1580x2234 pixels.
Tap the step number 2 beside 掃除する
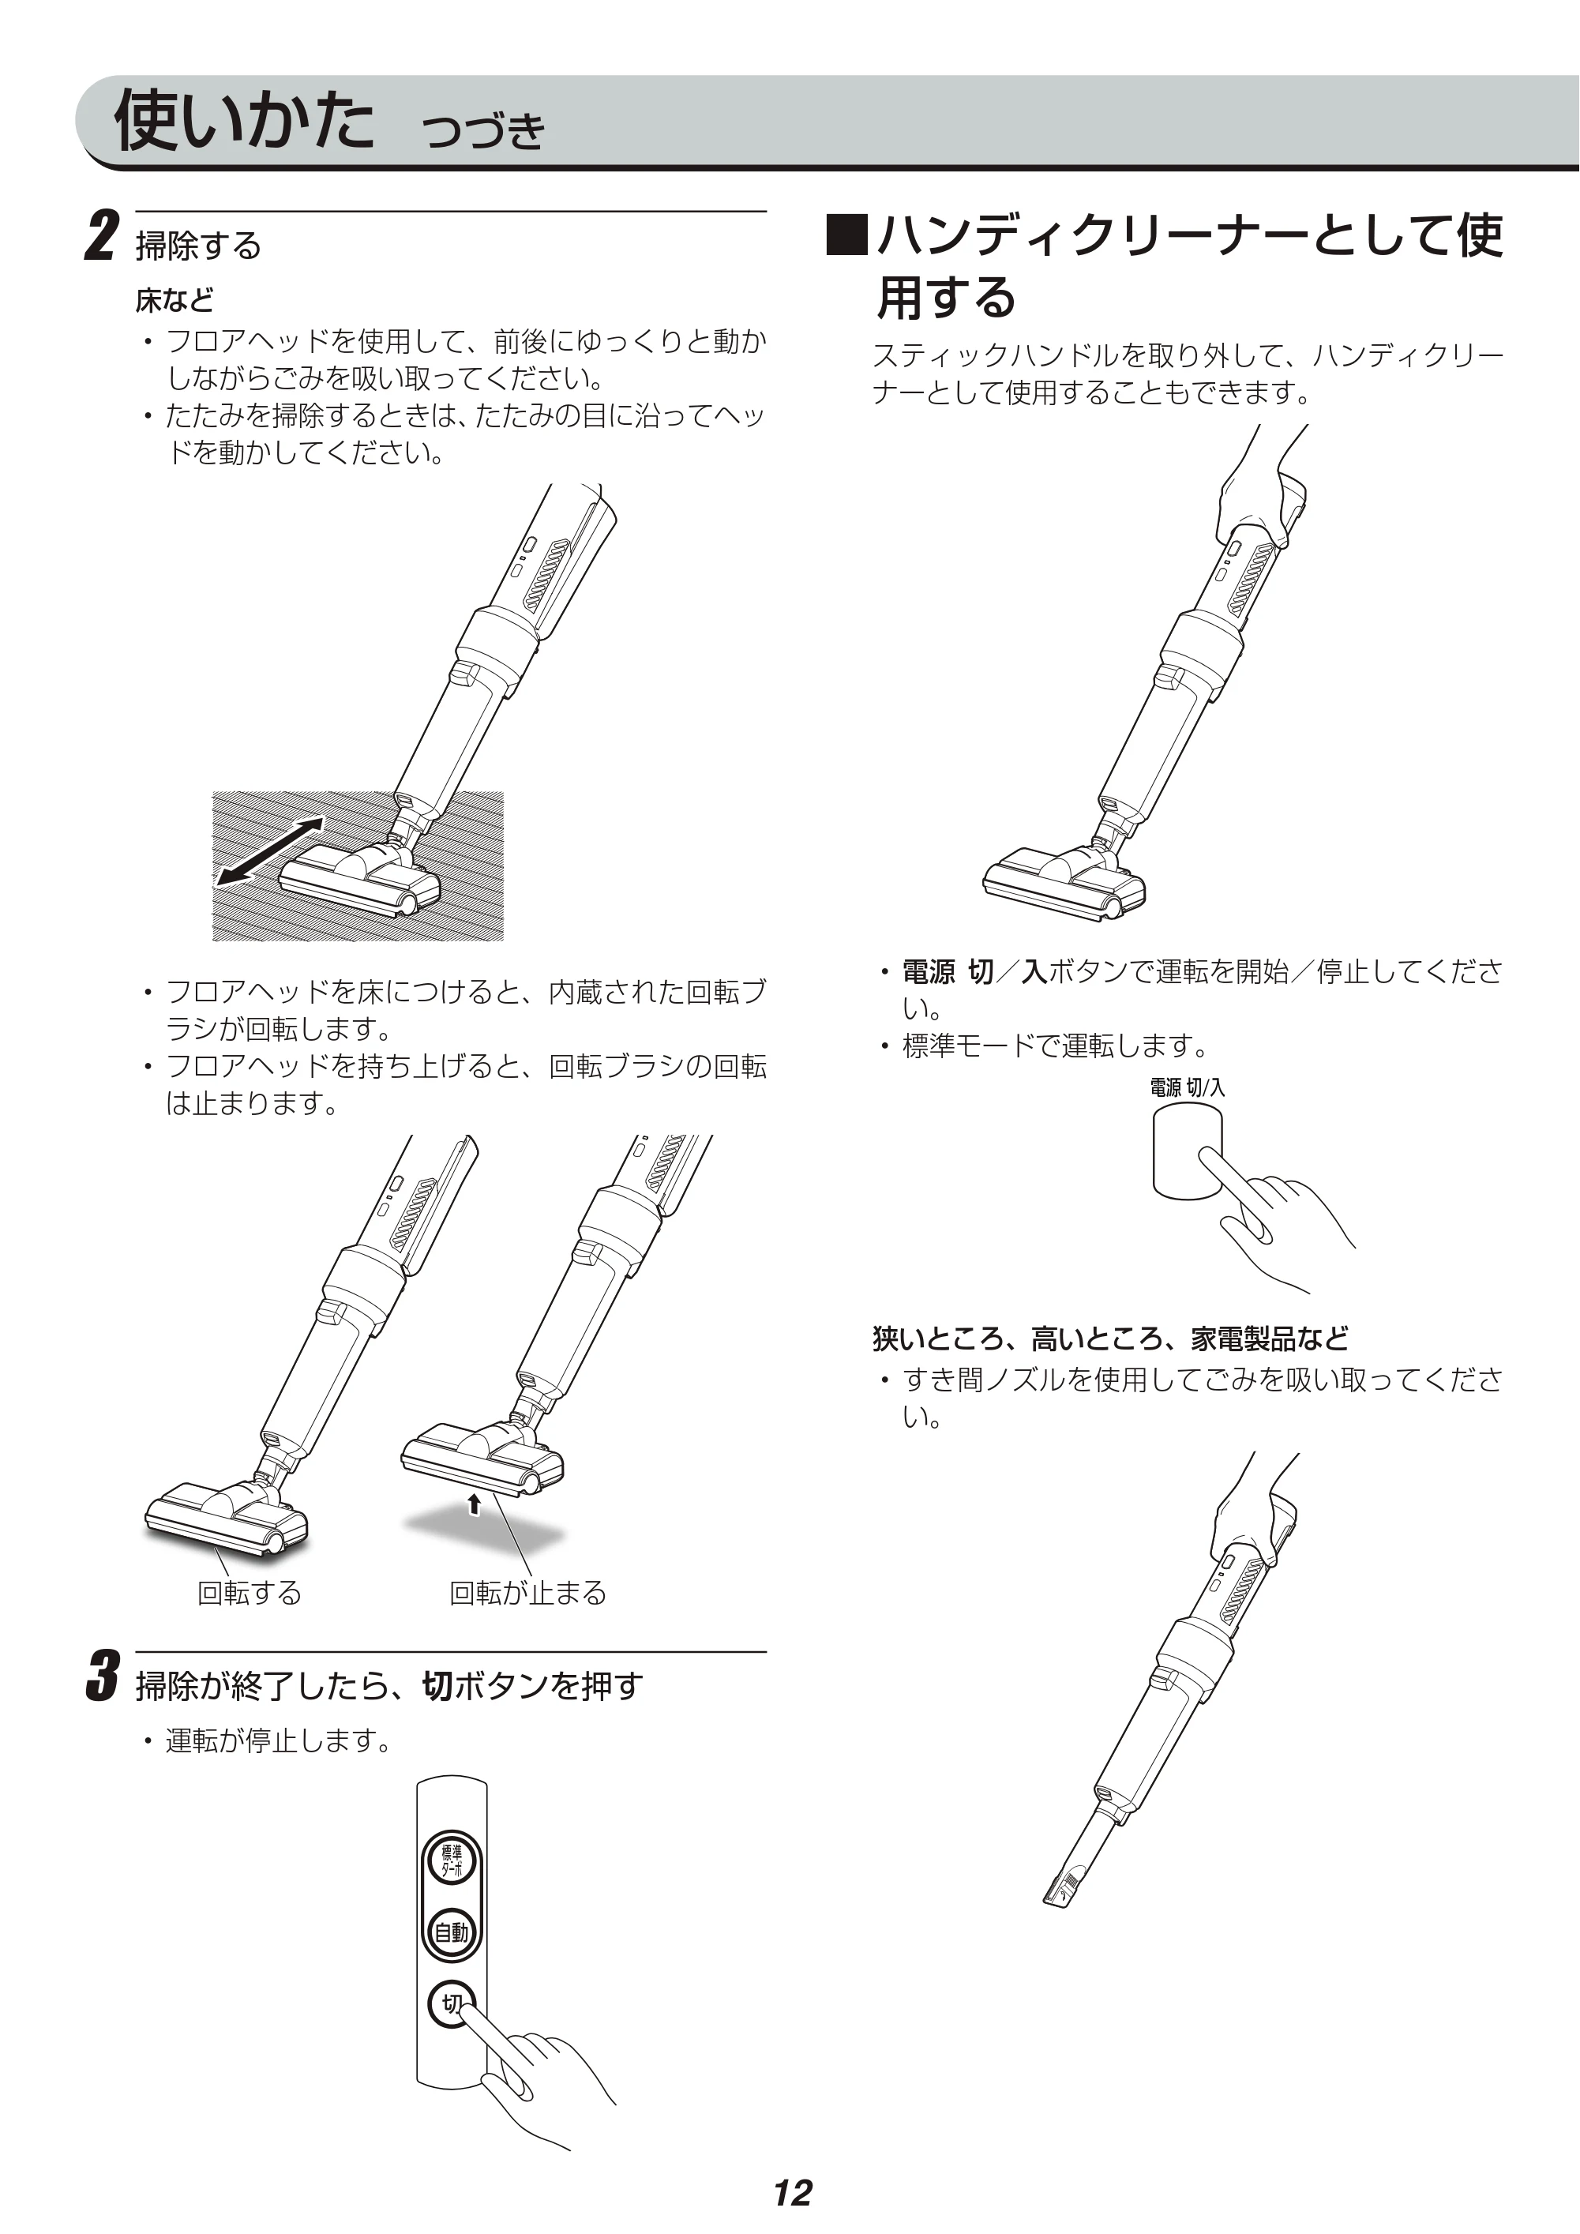pyautogui.click(x=101, y=235)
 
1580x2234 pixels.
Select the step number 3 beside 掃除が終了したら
pyautogui.click(x=101, y=1676)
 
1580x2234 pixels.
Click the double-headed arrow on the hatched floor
pyautogui.click(x=269, y=851)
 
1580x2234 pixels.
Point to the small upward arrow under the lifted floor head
pyautogui.click(x=474, y=1504)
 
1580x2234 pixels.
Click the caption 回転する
pyautogui.click(x=249, y=1593)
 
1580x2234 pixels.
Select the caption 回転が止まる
pyautogui.click(x=527, y=1593)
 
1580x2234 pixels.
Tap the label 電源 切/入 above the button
pyautogui.click(x=1187, y=1087)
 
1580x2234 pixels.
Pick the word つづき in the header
pyautogui.click(x=483, y=130)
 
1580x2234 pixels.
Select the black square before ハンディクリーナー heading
pyautogui.click(x=846, y=234)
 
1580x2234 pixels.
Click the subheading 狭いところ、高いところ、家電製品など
pyautogui.click(x=1110, y=1339)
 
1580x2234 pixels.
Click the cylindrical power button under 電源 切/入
pyautogui.click(x=1187, y=1155)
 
